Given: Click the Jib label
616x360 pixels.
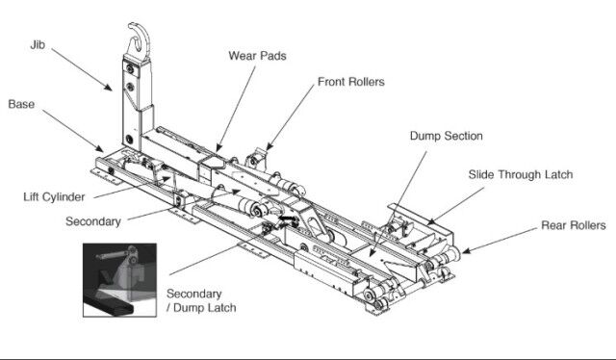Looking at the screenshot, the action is coord(38,45).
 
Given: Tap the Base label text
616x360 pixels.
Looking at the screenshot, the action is coord(21,104).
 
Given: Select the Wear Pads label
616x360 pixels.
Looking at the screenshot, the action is coord(257,56).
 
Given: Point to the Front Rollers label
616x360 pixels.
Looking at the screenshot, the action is coord(350,82).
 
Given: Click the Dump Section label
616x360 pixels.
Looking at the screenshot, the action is coord(447,136).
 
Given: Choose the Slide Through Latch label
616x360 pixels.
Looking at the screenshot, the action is coord(521,174).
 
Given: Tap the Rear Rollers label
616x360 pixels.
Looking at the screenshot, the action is coord(574,225).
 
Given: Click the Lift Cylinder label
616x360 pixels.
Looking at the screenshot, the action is coord(54,197).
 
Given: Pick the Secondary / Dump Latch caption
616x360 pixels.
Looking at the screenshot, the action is coord(201,300).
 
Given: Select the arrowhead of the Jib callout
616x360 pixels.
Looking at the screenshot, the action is coord(107,87).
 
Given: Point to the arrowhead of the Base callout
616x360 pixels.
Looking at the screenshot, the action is coord(99,148).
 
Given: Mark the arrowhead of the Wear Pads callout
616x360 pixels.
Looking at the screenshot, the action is coord(218,148).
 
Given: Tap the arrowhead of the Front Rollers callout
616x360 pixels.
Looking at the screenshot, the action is coord(269,146).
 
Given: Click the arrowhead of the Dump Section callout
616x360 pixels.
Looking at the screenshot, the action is coord(372,252).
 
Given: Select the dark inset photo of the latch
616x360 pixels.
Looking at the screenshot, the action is coord(119,280).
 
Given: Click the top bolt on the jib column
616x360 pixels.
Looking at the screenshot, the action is coord(130,69).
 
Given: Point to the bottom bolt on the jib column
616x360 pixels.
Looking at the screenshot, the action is coord(129,140).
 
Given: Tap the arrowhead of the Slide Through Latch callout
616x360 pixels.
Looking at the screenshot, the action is coord(431,221).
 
